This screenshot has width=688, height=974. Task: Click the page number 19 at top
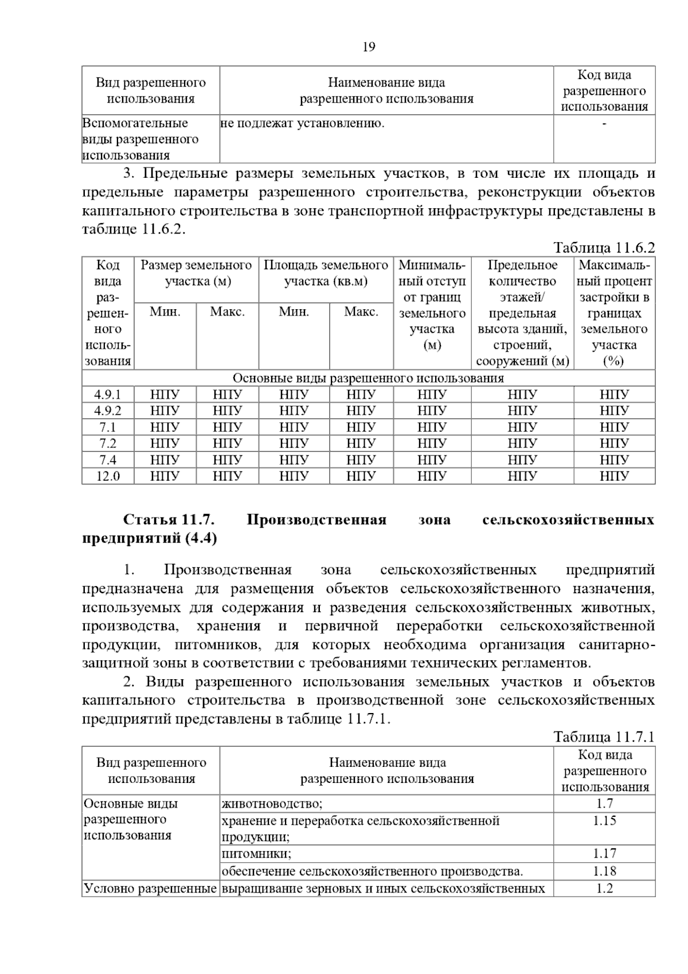369,47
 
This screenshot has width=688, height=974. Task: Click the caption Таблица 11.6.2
604,248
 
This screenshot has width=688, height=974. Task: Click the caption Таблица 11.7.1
604,737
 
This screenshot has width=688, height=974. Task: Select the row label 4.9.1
108,395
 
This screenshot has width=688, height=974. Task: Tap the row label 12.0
108,476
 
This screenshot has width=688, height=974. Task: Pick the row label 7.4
108,460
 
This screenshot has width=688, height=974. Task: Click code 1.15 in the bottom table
604,821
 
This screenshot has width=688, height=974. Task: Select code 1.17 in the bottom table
604,854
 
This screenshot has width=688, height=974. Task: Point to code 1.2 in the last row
604,889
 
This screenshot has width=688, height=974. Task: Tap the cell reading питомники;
256,854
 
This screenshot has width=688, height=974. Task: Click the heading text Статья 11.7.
169,520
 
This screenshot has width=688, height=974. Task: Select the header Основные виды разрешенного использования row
368,378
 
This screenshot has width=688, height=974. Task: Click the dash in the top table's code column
604,123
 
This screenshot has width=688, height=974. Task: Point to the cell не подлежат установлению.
302,123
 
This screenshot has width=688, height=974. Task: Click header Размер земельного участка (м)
196,273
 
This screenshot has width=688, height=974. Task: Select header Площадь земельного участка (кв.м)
326,273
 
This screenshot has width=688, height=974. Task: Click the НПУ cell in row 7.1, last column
614,427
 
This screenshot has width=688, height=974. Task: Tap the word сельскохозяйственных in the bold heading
568,520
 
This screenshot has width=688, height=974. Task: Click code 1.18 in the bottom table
604,871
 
